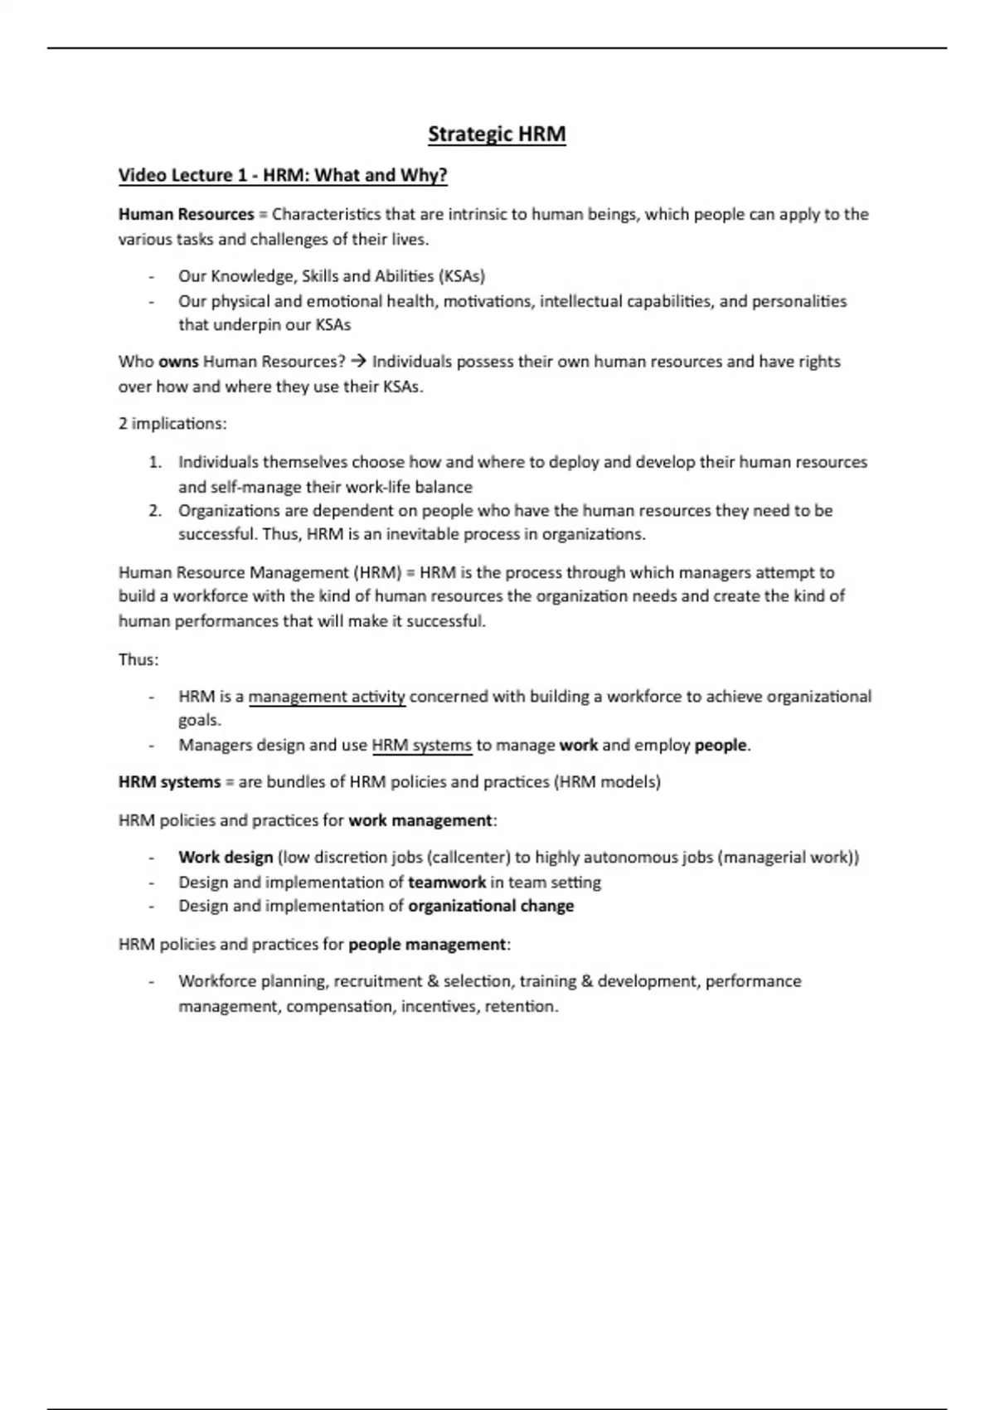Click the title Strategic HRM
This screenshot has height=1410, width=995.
point(497,134)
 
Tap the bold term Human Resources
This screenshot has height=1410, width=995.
point(186,215)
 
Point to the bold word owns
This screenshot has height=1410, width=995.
point(178,362)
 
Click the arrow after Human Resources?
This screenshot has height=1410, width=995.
point(358,362)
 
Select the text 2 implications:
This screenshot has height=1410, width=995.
point(172,424)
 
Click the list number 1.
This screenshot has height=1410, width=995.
point(155,462)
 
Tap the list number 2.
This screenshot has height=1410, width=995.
point(155,511)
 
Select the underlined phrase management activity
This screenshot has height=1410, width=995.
point(327,697)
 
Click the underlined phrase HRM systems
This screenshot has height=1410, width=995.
point(421,745)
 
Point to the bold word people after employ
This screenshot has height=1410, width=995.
point(721,745)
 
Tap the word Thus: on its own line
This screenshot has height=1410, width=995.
point(138,660)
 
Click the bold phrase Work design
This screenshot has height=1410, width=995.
point(226,858)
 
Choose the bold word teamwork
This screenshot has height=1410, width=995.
point(447,882)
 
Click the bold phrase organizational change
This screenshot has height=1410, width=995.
point(491,906)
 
